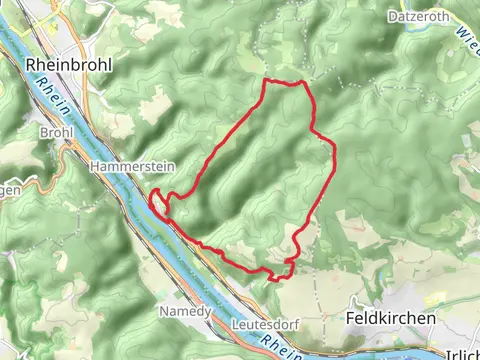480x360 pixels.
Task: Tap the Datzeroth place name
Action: pyautogui.click(x=423, y=16)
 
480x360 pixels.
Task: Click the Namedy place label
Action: pyautogui.click(x=185, y=312)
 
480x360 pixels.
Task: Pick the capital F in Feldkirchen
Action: pyautogui.click(x=349, y=318)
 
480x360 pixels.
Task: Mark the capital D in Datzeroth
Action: pyautogui.click(x=394, y=16)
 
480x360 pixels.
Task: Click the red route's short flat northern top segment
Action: pyautogui.click(x=284, y=82)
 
